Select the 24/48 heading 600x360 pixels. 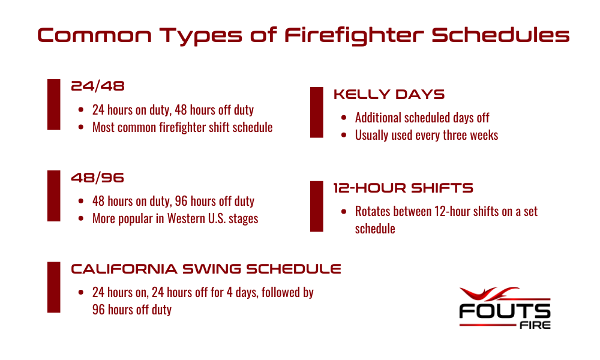tap(98, 86)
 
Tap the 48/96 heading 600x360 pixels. tap(98, 178)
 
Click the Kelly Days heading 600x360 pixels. tap(389, 95)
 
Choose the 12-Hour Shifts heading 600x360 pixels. tap(403, 188)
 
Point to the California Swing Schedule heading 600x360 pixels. tap(206, 269)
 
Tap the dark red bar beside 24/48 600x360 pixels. tap(54, 104)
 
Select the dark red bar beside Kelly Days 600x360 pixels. tap(317, 112)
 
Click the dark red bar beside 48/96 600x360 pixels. tap(54, 196)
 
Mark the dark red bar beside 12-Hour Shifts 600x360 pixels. tap(317, 206)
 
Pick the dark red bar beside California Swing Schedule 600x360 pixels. tap(54, 287)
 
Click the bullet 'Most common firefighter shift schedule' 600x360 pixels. tap(182, 127)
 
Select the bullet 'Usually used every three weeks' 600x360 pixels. tap(426, 135)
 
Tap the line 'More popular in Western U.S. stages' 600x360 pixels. tap(175, 218)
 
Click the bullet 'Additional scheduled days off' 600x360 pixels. tap(422, 118)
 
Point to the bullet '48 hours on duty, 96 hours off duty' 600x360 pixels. tap(173, 201)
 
